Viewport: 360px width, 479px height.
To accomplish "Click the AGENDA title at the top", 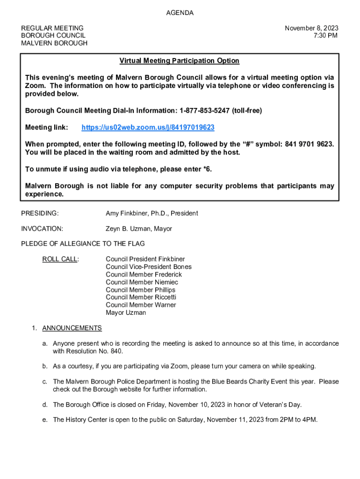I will [x=180, y=13].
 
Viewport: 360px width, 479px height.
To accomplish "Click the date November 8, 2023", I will [x=311, y=28].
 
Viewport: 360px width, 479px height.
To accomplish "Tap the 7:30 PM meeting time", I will [x=326, y=36].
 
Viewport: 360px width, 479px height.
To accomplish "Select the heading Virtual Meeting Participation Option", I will [x=179, y=61].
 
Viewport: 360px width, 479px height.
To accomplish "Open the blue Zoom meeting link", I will [x=148, y=128].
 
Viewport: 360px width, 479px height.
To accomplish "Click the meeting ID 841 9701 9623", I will [x=309, y=144].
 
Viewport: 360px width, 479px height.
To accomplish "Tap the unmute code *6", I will [x=212, y=169].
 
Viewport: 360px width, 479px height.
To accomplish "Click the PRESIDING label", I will [x=40, y=213].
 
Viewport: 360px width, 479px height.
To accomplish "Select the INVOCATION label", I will [x=42, y=229].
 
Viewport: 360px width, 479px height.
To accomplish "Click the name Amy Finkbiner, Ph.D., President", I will [x=151, y=213].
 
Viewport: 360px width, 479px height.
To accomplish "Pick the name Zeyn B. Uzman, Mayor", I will [x=139, y=229].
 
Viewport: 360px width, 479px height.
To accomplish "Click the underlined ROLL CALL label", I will [x=60, y=259].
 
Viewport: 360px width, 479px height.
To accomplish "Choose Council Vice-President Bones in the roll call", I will [x=148, y=267].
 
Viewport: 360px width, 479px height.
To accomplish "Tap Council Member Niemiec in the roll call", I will [x=142, y=282].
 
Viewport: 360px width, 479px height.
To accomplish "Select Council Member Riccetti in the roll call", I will [x=141, y=297].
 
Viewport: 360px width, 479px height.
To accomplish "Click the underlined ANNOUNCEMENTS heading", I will [x=72, y=328].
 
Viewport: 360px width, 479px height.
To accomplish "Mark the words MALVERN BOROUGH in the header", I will [x=54, y=43].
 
